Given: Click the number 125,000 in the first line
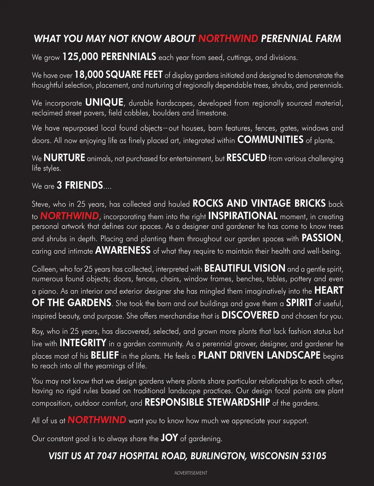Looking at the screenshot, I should click(80, 57).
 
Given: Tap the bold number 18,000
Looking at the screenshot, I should click(89, 75).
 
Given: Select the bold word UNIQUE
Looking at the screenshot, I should click(104, 102).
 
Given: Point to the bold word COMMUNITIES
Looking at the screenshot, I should click(270, 140).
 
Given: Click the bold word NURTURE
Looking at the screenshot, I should click(64, 158).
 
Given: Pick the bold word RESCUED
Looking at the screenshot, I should click(247, 158).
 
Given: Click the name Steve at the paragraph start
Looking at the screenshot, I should click(40, 204).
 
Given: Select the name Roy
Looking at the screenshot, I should click(37, 331).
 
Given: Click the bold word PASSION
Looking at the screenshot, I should click(321, 238).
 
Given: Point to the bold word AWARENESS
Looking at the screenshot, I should click(123, 250).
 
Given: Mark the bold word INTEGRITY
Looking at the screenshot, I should click(83, 343).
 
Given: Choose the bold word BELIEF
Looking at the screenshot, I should click(105, 356).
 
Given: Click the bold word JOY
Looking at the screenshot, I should click(169, 438).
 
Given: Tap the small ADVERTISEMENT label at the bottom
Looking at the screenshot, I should click(191, 473).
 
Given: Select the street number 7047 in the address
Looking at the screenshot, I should click(107, 456).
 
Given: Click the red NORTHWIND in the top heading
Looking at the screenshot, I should click(228, 39).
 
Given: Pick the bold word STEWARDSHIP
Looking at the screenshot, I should click(238, 402).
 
